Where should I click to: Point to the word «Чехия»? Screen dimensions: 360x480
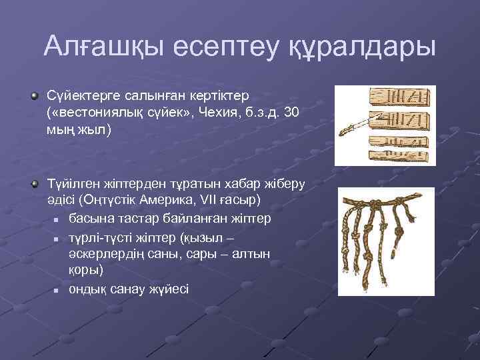pos(231,113)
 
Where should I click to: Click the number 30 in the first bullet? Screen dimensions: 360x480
pos(291,113)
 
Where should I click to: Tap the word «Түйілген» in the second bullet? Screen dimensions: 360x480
pos(69,183)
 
